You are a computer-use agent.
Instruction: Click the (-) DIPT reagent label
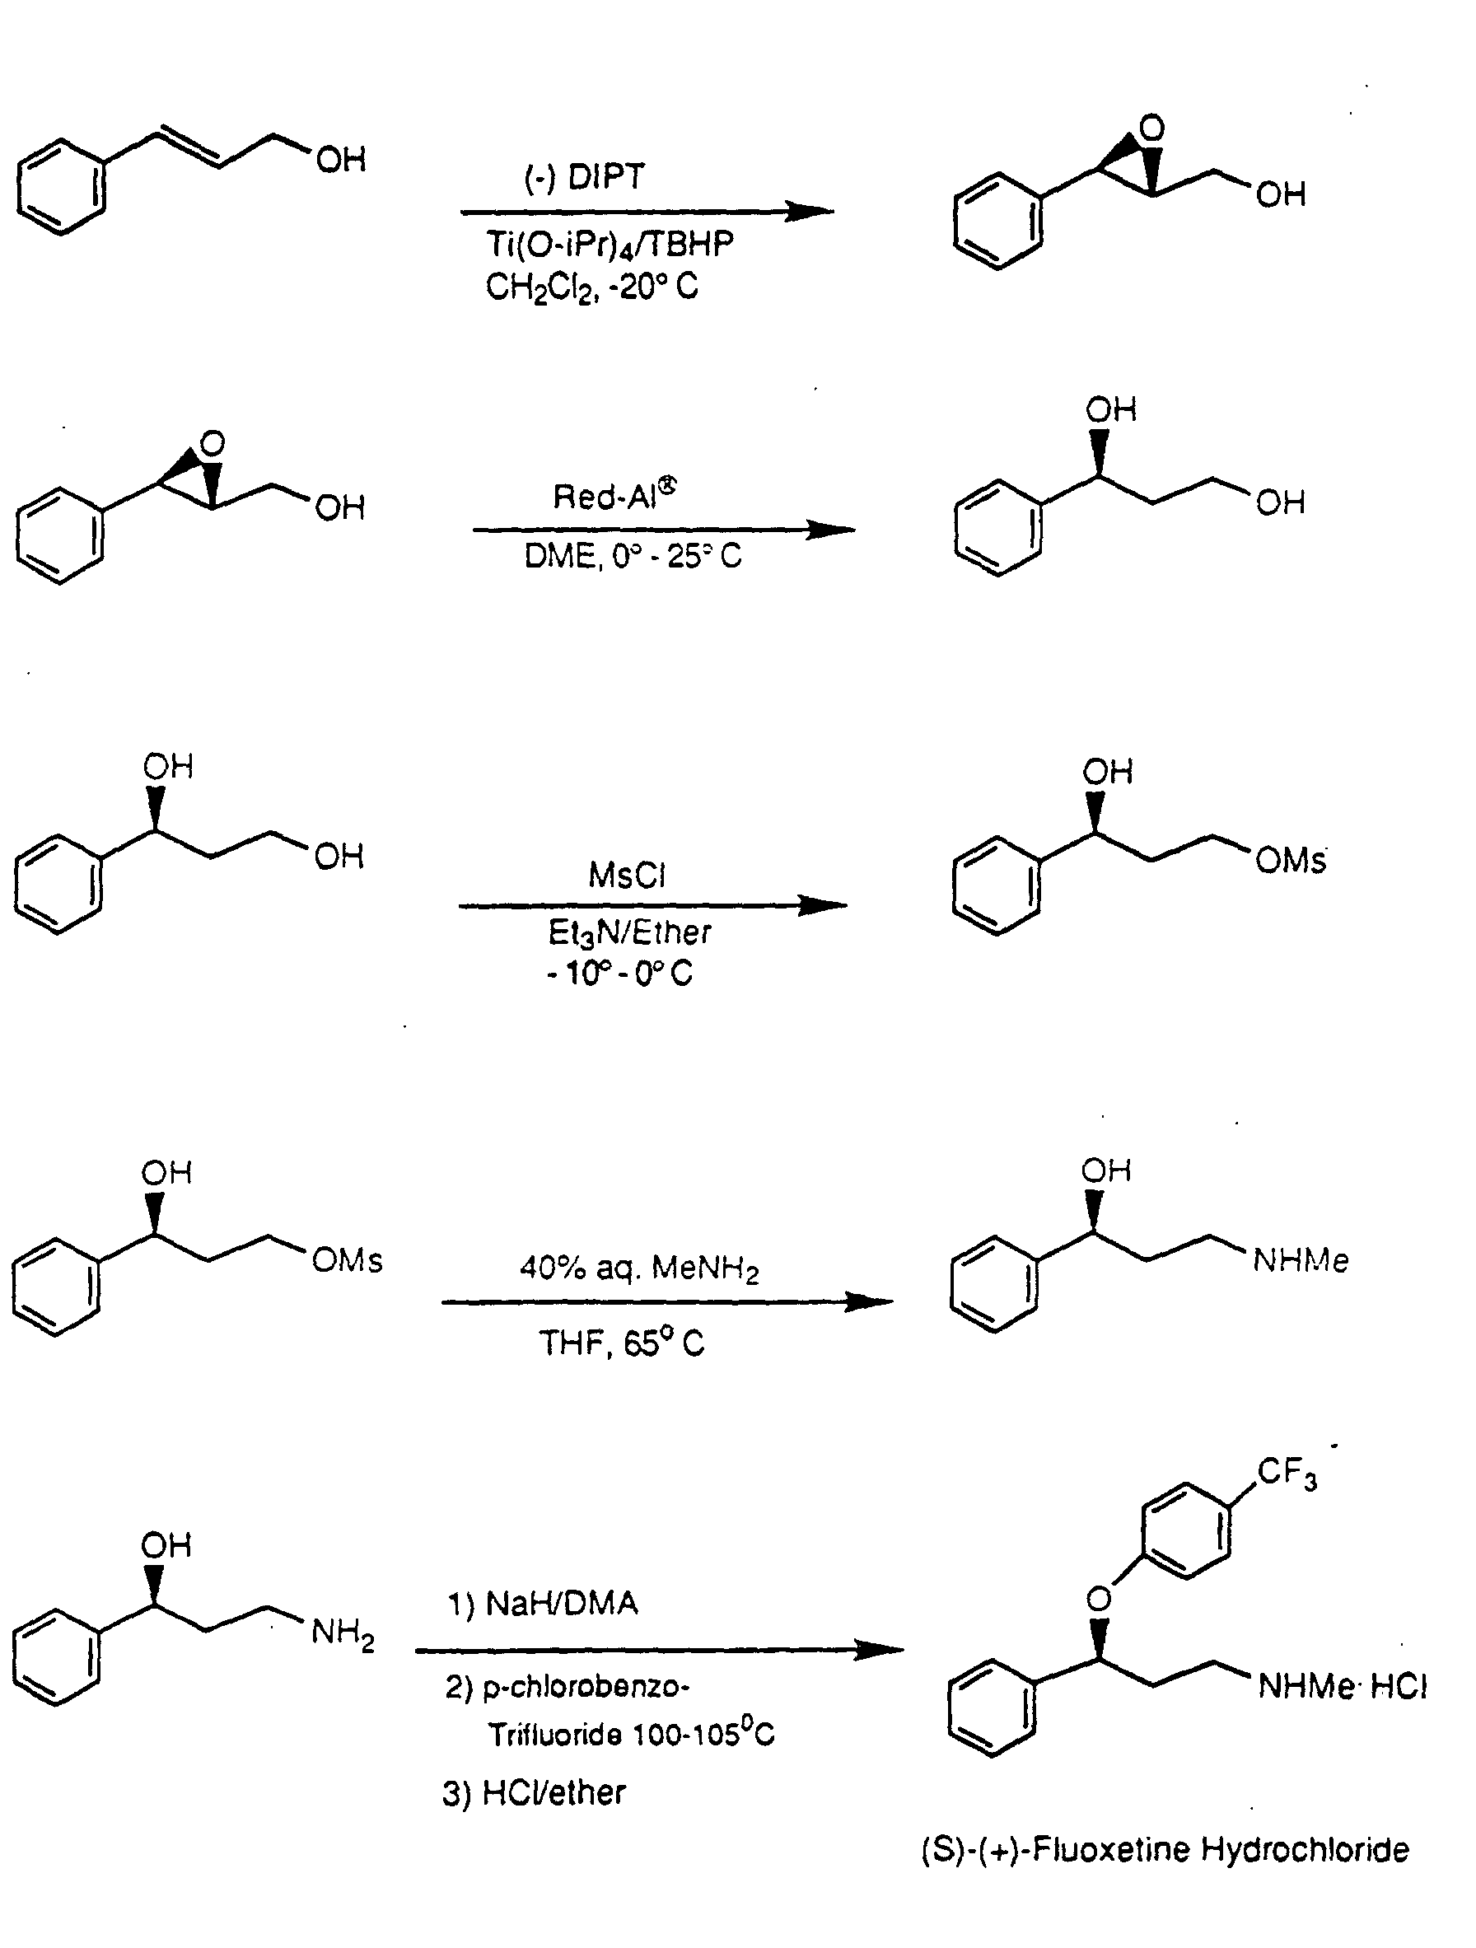585,177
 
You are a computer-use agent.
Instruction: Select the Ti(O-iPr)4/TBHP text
610,244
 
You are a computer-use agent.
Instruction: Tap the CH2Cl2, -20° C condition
592,286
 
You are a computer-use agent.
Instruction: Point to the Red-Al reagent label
614,495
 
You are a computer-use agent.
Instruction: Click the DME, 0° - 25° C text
633,556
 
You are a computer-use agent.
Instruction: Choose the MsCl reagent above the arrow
627,876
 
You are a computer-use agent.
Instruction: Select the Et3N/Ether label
629,932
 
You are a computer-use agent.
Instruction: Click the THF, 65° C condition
622,1343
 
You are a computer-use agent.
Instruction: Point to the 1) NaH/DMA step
543,1602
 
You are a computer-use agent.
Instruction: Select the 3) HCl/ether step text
534,1793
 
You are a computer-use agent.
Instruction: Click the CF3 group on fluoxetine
1287,1473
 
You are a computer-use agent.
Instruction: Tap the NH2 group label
343,1634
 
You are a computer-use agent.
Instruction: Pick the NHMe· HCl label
1342,1685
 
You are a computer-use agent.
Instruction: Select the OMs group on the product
1290,860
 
